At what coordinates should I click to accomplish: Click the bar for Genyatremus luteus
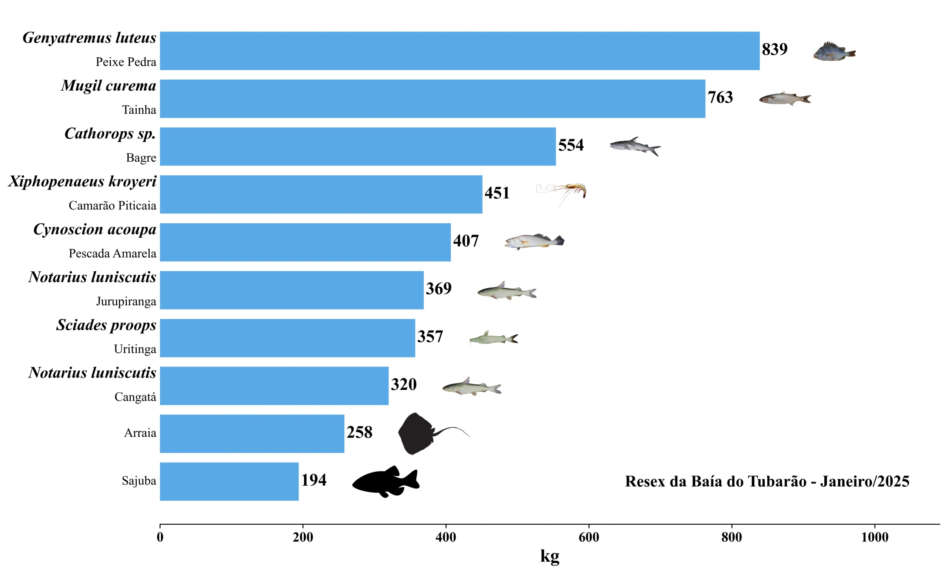coord(460,51)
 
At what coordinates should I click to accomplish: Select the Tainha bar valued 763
coord(433,99)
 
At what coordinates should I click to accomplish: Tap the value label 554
coord(571,145)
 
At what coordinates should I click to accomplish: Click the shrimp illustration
coord(562,192)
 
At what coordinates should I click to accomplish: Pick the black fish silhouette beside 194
coord(386,481)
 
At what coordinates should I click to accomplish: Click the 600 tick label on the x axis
coord(589,537)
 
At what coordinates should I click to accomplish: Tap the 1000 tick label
coord(875,537)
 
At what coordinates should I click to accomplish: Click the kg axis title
coord(550,556)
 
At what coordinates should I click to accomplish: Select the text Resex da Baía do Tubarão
coord(715,481)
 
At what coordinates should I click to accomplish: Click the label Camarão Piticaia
coord(112,206)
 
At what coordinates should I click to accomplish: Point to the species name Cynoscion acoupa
coord(95,229)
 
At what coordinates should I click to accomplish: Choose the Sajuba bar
coord(229,481)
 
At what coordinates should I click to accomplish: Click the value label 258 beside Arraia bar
coord(359,433)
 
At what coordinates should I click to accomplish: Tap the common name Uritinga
coord(135,349)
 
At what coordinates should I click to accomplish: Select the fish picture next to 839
coord(834,51)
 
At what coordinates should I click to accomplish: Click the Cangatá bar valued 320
coord(274,386)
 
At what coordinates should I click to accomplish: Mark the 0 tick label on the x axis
coord(160,537)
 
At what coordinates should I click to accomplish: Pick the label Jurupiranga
coord(126,301)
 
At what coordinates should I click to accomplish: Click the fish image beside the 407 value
coord(534,241)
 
